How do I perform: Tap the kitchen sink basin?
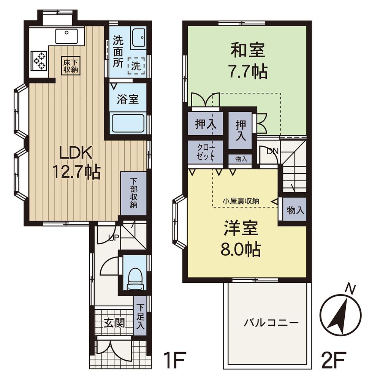66,36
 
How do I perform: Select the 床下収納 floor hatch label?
71,66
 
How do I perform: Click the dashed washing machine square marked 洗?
136,66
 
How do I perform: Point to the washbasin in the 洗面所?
139,38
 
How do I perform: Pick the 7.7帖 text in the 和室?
248,71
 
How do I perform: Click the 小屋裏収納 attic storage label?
241,201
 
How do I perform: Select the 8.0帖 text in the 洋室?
241,249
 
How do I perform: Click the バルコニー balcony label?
271,323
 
